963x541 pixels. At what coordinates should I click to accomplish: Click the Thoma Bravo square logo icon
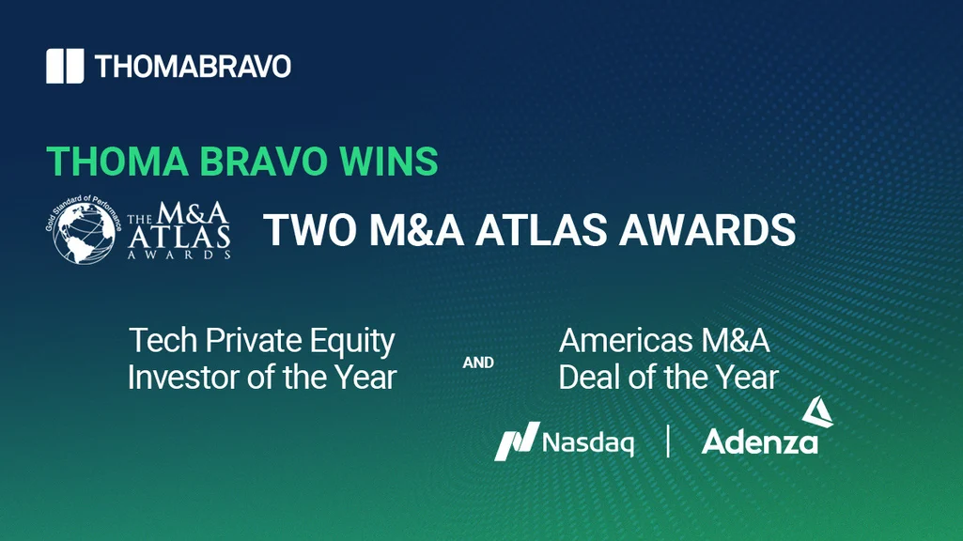point(64,66)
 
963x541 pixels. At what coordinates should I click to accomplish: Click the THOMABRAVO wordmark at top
point(193,67)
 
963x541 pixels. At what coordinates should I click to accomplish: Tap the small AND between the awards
point(478,363)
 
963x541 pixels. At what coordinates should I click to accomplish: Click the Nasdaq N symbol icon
point(516,441)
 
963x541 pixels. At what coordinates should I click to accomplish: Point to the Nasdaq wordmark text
point(589,441)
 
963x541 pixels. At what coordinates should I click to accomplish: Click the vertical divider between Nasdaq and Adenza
point(668,441)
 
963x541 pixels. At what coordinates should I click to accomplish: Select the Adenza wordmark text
point(759,442)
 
